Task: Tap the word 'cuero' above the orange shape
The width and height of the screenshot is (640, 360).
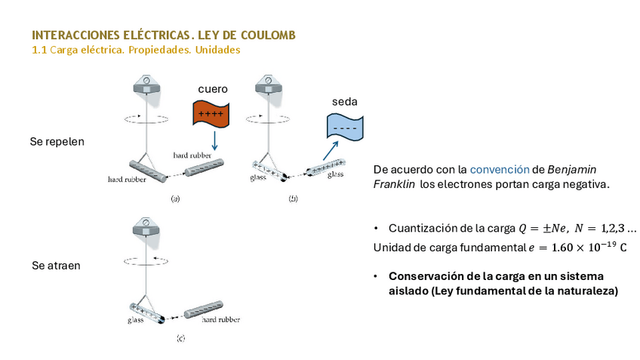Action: click(x=213, y=89)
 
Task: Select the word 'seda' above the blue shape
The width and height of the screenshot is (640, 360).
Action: click(x=344, y=102)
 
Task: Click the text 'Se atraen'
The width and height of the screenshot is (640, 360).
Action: click(x=56, y=266)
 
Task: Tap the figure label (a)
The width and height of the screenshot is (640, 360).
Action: click(x=176, y=198)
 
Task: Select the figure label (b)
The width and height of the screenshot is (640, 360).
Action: click(x=293, y=198)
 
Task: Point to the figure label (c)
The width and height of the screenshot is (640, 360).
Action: click(x=180, y=337)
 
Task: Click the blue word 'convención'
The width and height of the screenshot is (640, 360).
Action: click(x=494, y=170)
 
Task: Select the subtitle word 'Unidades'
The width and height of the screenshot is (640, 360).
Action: click(x=217, y=50)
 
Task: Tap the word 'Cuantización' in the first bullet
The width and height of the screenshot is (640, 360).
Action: click(x=421, y=228)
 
